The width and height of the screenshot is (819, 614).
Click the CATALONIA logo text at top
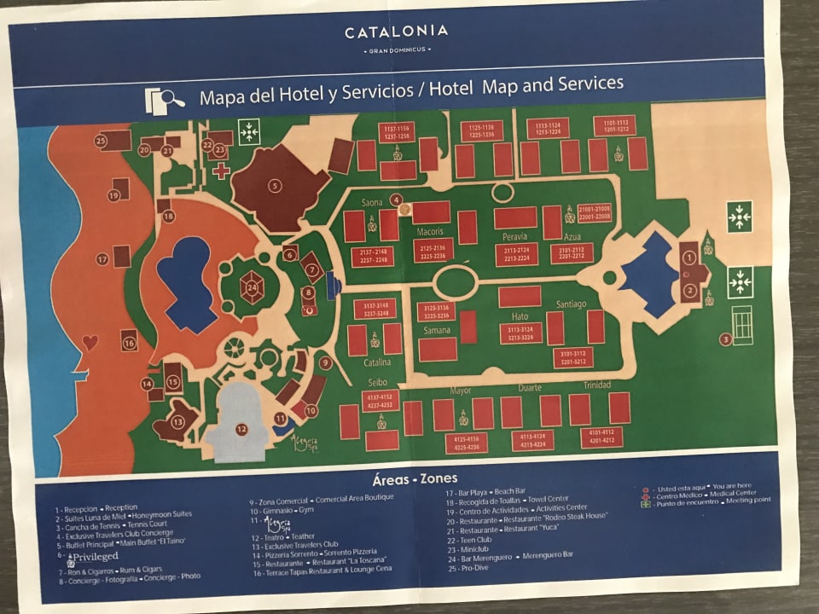[396, 32]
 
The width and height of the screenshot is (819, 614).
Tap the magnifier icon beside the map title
[166, 98]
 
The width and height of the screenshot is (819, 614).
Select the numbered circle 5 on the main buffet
[275, 185]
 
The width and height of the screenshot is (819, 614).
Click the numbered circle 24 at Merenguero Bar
[252, 287]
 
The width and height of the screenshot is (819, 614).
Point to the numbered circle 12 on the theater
[241, 429]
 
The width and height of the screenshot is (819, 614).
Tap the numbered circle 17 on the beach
[102, 258]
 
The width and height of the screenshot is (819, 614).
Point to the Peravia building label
[514, 235]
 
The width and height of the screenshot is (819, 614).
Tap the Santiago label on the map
[572, 304]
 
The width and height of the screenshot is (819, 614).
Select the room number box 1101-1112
[615, 126]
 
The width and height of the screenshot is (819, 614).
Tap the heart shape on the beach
[90, 343]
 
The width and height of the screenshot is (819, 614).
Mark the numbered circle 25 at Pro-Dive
[101, 141]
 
